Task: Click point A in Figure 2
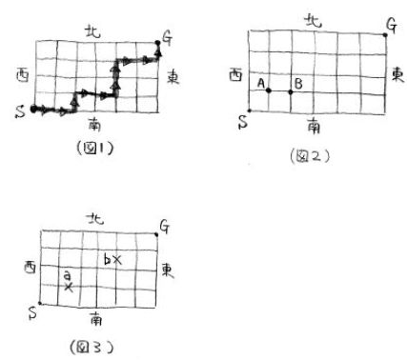269,90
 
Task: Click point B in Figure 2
291,92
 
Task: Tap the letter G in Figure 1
167,38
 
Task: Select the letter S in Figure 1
21,112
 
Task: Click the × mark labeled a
69,288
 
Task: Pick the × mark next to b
117,260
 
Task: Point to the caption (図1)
94,149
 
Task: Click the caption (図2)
310,156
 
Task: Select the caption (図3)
92,347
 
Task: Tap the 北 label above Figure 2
314,21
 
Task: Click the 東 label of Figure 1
173,76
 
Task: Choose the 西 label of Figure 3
30,269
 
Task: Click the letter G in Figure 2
392,26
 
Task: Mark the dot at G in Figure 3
156,234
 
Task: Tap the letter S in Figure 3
32,313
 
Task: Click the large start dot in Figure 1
33,109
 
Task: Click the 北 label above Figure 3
96,218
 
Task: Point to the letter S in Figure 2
243,123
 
